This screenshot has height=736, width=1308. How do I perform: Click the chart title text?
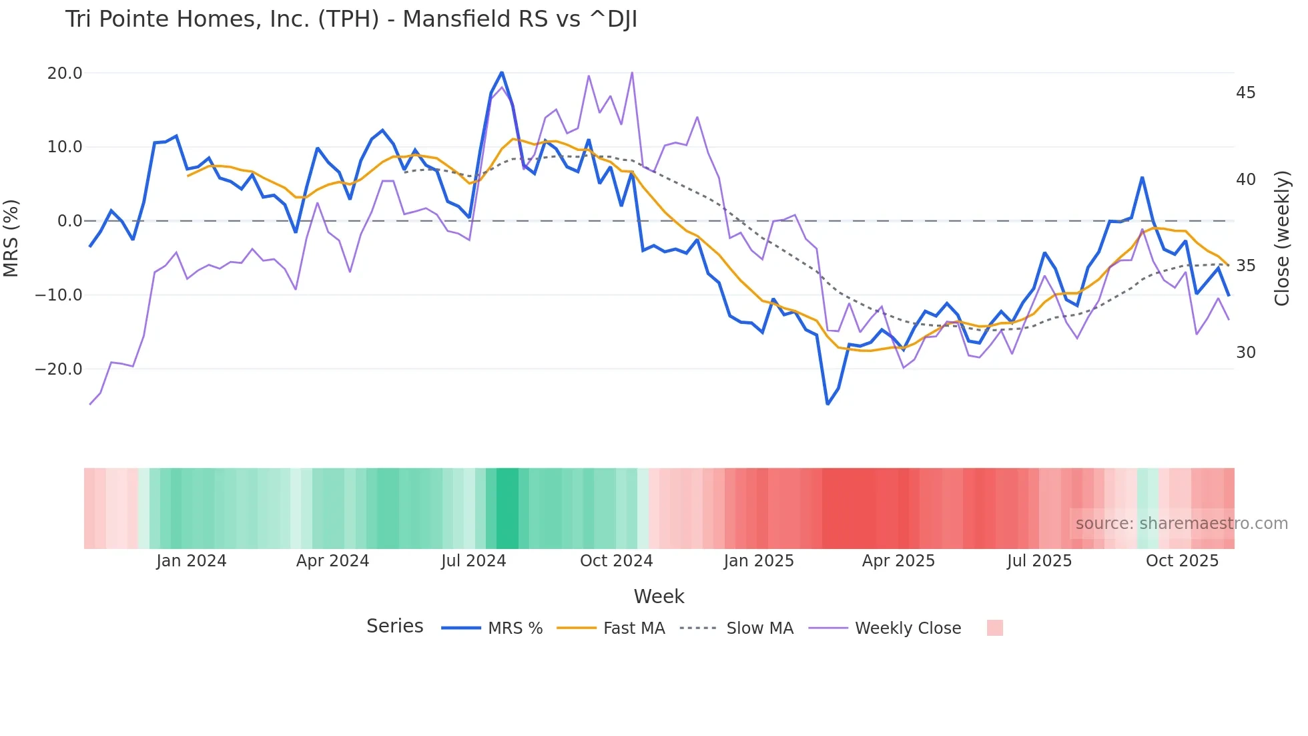click(x=351, y=19)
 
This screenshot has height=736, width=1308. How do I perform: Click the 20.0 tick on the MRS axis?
click(x=65, y=73)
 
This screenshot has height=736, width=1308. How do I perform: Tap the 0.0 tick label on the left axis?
click(x=69, y=221)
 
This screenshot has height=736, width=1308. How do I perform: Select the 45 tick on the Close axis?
click(x=1245, y=93)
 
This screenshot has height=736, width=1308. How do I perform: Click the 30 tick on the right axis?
click(x=1245, y=353)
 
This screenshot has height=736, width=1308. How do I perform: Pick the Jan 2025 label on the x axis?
click(x=759, y=561)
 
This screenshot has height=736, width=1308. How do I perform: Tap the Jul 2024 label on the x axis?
click(x=473, y=561)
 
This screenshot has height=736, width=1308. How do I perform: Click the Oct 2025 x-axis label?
click(x=1182, y=561)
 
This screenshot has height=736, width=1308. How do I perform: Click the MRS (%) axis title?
click(x=11, y=238)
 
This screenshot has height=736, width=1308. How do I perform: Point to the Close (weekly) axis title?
click(x=1282, y=238)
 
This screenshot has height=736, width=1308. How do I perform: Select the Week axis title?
click(x=659, y=596)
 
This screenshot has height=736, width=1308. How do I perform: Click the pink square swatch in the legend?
click(x=994, y=628)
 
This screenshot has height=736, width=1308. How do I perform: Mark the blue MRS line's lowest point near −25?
click(x=828, y=403)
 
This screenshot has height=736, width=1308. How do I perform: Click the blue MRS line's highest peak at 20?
click(x=502, y=73)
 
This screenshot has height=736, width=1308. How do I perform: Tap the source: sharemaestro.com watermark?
click(x=1181, y=524)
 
